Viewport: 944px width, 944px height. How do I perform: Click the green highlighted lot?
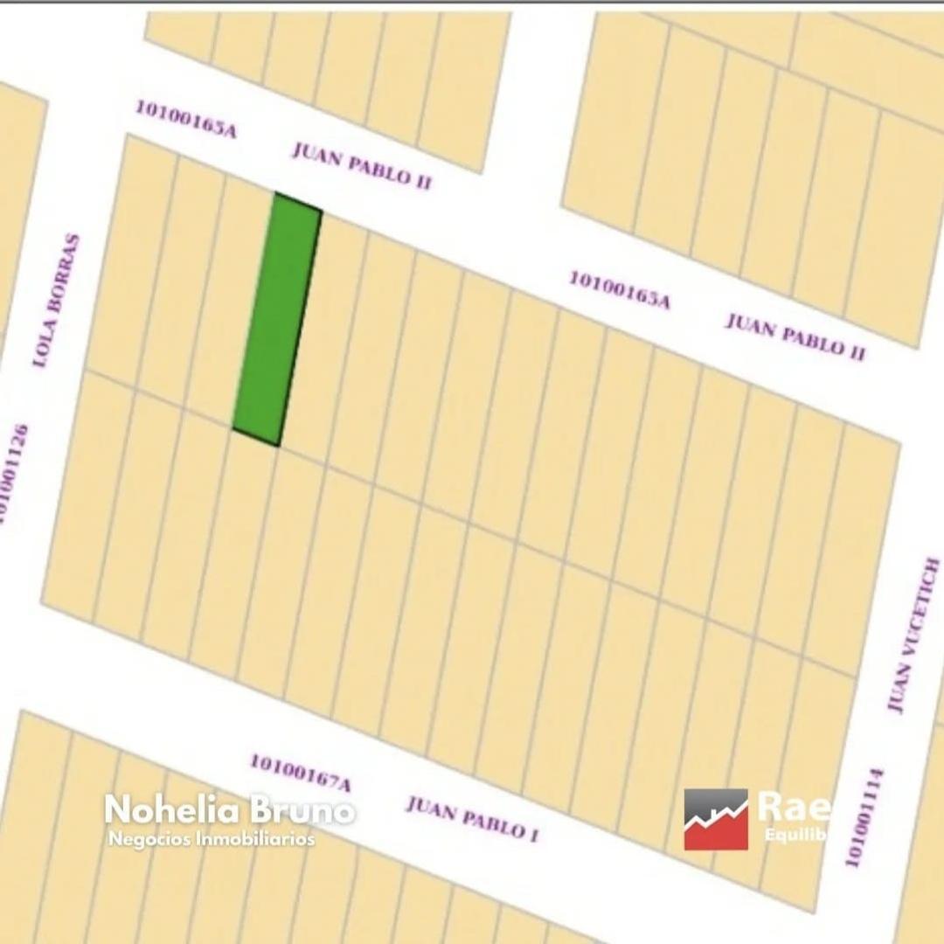point(277,319)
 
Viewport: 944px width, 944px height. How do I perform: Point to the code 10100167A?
point(300,773)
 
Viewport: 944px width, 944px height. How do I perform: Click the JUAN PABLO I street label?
point(471,818)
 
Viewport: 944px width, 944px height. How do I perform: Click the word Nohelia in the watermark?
point(171,809)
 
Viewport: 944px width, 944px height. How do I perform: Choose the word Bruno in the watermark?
point(302,809)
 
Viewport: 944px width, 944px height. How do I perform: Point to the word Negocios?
point(143,839)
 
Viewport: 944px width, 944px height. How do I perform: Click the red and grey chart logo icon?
point(716,819)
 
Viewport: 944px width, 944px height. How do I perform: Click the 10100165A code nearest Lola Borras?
point(185,119)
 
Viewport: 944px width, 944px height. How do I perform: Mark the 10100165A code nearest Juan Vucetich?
point(620,290)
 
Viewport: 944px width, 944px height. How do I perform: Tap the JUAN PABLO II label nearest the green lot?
point(361,165)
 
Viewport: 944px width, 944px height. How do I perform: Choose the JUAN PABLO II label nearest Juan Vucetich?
point(795,336)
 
